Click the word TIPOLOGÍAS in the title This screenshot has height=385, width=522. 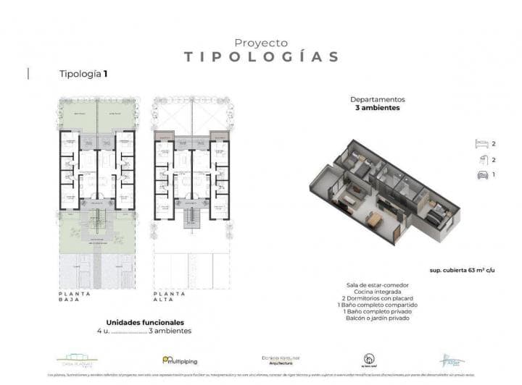pos(261,57)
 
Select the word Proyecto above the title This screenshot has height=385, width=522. pos(261,43)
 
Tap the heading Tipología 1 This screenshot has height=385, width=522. pos(83,74)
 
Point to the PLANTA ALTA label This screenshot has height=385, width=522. pos(170,297)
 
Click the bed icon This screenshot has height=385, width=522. pos(480,143)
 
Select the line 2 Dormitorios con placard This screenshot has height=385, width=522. pos(376,298)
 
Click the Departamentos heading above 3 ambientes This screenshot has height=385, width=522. pos(377,99)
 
